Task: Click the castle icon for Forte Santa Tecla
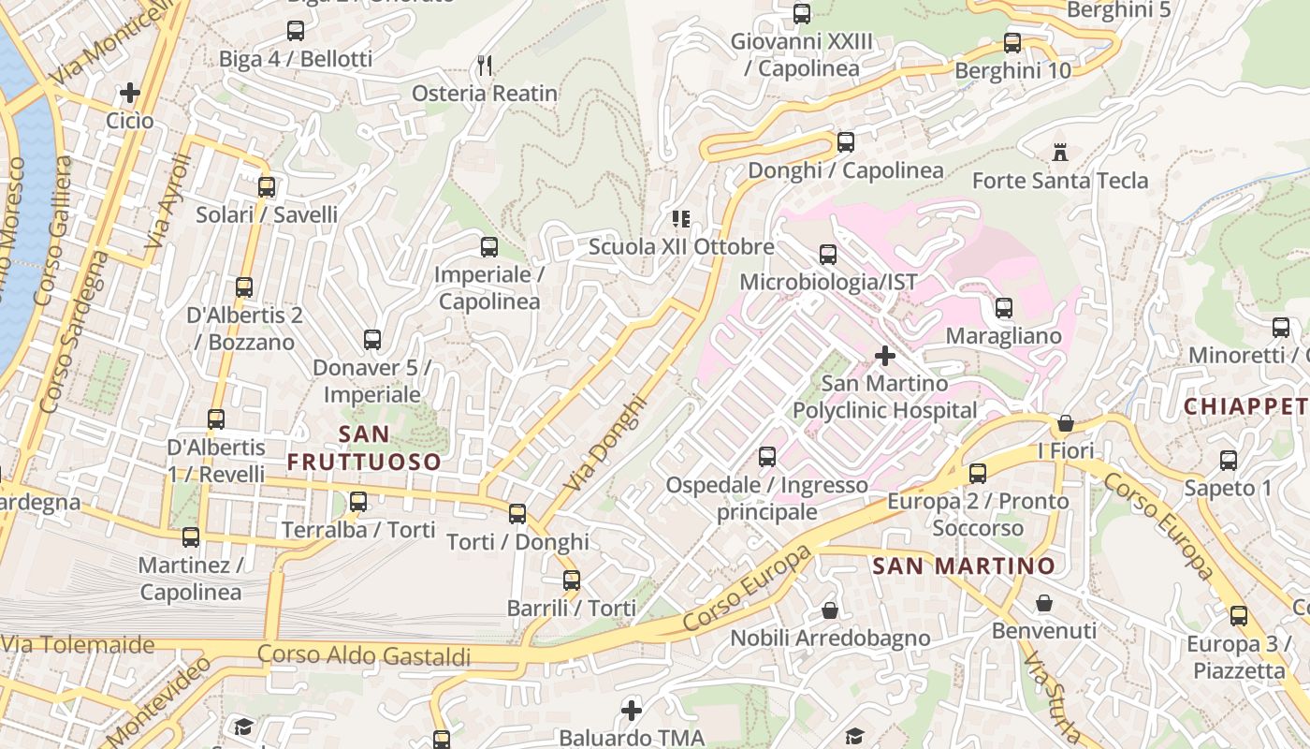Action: coord(1060,152)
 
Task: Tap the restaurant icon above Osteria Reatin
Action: coord(485,65)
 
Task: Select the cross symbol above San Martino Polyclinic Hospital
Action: coord(884,356)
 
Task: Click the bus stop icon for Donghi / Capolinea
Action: coord(846,142)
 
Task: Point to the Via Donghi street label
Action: coord(605,445)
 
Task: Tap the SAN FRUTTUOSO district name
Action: coord(364,448)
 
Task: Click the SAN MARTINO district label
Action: coord(964,565)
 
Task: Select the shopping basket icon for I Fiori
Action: coord(1065,423)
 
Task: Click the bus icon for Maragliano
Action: coord(1004,308)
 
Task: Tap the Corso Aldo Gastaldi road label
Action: coord(364,655)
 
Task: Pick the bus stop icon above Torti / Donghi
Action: coord(517,514)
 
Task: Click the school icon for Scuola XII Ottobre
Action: coord(681,219)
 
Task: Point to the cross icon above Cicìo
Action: coord(130,93)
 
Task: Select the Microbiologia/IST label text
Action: coord(828,282)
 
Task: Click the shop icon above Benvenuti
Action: coord(1043,603)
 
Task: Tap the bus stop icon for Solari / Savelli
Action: coord(267,186)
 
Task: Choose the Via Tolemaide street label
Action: coord(78,644)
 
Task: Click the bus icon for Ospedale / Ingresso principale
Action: coord(767,457)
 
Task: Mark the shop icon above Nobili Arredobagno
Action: coord(830,610)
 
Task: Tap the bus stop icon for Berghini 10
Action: coord(1012,43)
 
